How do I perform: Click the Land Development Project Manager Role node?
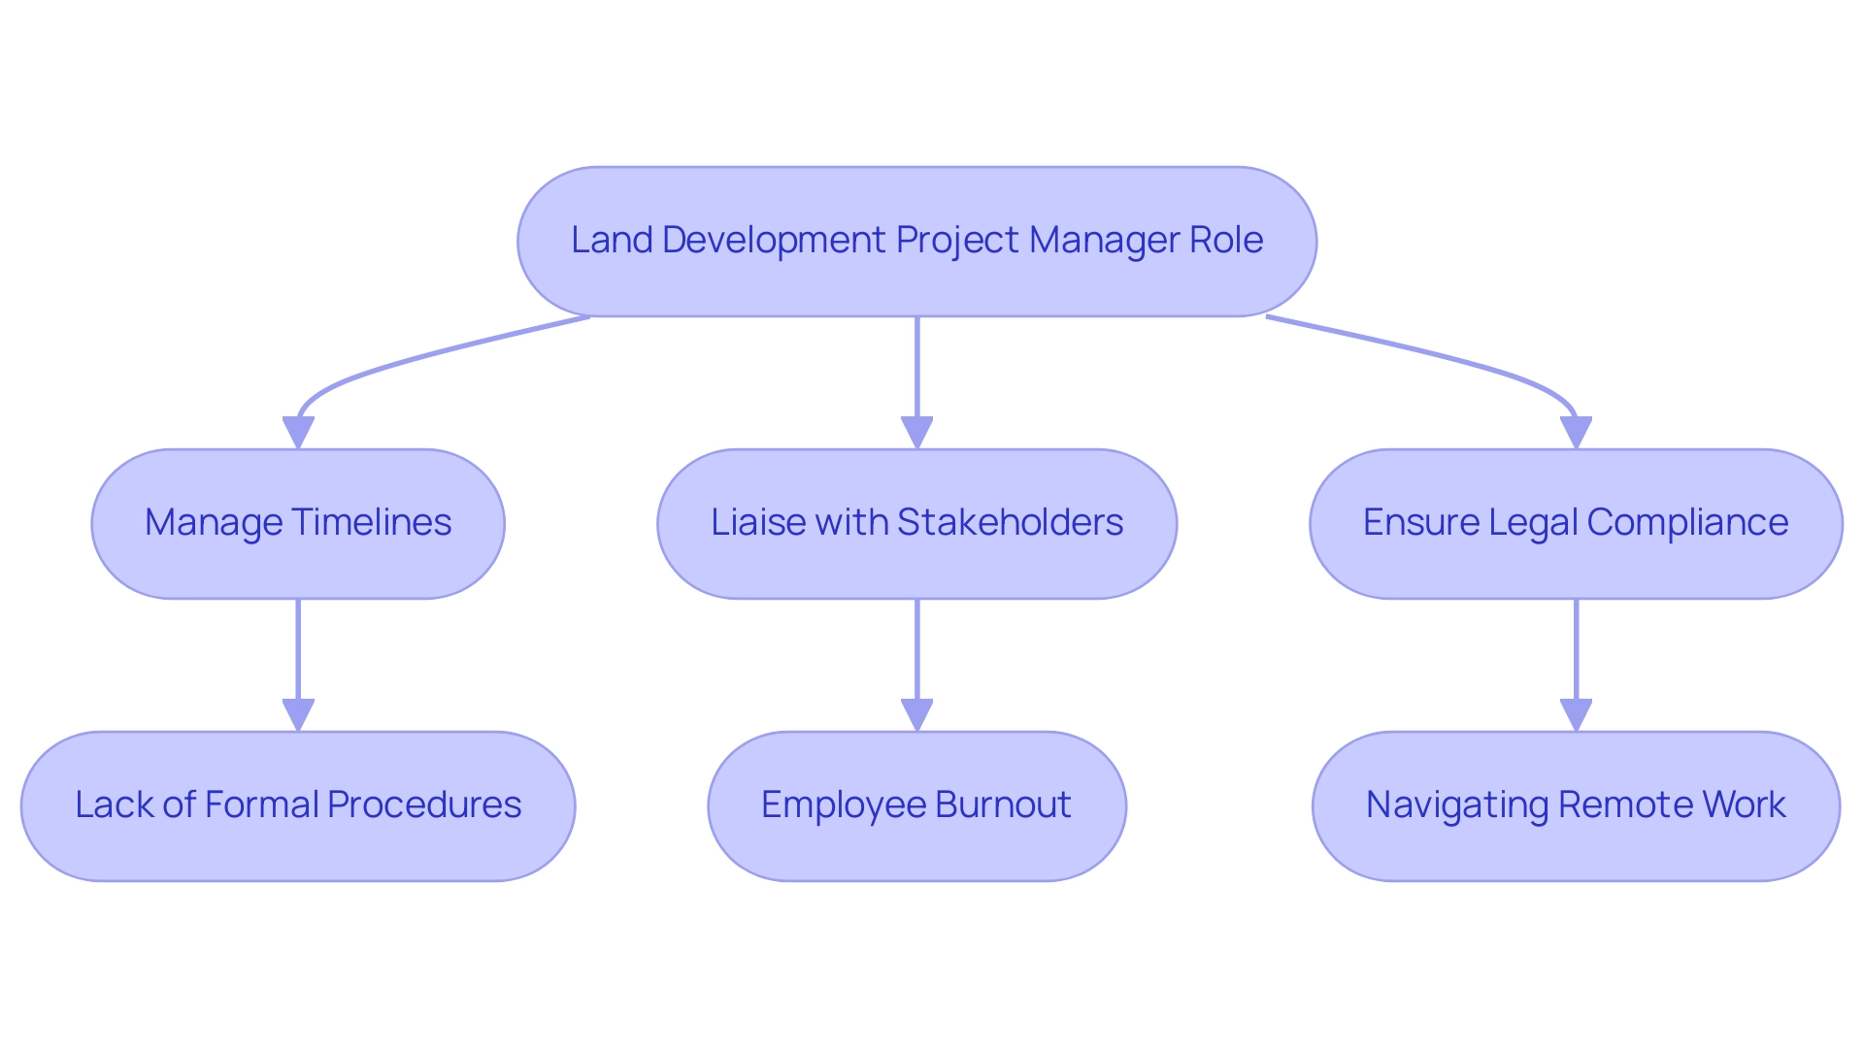[x=916, y=241]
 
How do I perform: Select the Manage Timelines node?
[x=298, y=523]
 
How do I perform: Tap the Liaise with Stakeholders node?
[x=916, y=523]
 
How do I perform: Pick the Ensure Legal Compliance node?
[x=1575, y=523]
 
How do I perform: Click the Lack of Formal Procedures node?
[x=298, y=805]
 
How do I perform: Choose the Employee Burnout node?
[x=916, y=805]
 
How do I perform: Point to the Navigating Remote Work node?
[x=1575, y=805]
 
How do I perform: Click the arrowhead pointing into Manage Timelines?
[x=298, y=433]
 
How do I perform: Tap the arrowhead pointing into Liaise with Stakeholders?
[x=916, y=433]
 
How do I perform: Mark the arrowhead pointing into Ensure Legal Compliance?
[x=1575, y=433]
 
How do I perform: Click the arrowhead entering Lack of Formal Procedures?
[x=298, y=715]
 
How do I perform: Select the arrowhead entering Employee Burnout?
[x=916, y=715]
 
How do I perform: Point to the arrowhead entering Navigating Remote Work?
[x=1575, y=715]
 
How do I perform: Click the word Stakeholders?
[x=1010, y=523]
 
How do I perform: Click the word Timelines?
[x=371, y=523]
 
